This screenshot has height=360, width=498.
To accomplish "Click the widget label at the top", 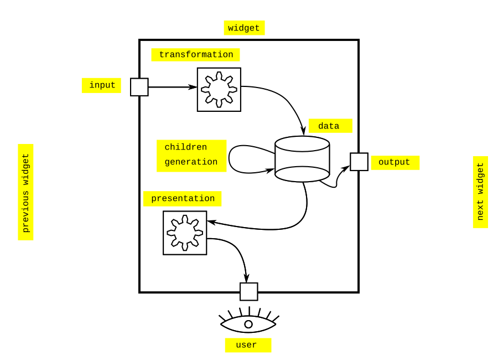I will [x=244, y=28].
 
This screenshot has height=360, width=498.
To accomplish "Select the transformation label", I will [x=195, y=55].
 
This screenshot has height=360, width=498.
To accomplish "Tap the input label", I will [x=101, y=85].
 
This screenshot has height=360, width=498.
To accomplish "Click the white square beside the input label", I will [x=139, y=87].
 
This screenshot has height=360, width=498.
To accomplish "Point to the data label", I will [x=330, y=126].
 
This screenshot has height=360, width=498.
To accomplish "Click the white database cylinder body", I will [x=302, y=161].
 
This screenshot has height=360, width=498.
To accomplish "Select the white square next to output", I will [x=359, y=162].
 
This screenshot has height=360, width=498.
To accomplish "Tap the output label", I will [x=395, y=163].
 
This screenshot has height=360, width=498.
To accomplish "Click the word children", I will [x=186, y=147].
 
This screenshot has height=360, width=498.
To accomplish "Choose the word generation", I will [x=191, y=162].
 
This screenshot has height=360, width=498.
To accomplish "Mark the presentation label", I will [x=183, y=199].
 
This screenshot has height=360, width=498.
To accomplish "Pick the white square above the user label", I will [x=249, y=292].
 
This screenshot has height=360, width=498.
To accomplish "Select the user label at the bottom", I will [x=248, y=345].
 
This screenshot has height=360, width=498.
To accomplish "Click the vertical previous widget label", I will [x=25, y=192].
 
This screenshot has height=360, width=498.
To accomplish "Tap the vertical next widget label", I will [x=480, y=192].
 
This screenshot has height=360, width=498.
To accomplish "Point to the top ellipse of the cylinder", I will [x=302, y=144].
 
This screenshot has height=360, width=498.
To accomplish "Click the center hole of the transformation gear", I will [x=219, y=90].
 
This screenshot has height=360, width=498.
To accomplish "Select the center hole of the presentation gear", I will [x=185, y=233].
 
